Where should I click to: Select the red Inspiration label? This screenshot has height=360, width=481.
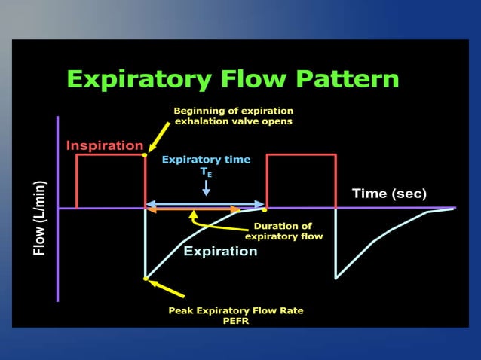click(x=104, y=145)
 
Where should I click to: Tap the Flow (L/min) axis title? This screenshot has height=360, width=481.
click(x=40, y=218)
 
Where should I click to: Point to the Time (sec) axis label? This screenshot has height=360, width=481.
click(x=389, y=194)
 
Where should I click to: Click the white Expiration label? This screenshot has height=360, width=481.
click(x=220, y=251)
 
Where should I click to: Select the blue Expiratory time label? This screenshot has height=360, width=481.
click(x=206, y=160)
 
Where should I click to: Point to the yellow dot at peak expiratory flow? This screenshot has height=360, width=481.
click(x=146, y=279)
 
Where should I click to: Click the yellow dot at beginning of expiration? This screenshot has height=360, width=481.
click(x=145, y=155)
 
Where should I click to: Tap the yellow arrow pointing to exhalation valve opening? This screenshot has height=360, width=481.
click(x=159, y=139)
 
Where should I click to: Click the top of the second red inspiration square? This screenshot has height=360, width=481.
click(x=301, y=154)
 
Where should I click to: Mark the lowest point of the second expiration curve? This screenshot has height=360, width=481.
click(x=336, y=278)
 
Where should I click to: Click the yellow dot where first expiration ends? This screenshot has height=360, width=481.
click(x=265, y=209)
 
